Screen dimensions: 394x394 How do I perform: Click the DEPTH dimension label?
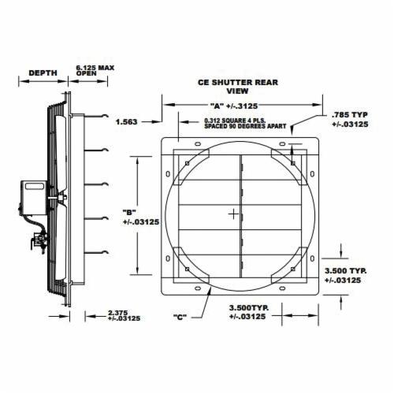43,73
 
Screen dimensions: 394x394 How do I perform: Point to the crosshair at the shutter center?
233,214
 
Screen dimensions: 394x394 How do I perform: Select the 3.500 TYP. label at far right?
343,276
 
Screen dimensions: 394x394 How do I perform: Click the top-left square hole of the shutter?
186,163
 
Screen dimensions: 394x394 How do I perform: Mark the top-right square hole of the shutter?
292,163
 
